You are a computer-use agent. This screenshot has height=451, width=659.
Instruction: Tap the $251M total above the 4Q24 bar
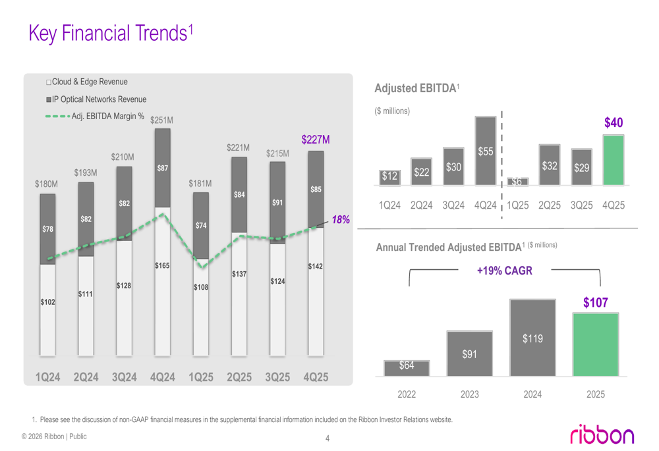161,120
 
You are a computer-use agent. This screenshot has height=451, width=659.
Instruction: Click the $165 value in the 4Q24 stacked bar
162,265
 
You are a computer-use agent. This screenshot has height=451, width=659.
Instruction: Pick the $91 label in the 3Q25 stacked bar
277,202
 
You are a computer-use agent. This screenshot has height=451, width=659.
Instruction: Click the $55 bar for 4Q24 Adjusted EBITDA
485,151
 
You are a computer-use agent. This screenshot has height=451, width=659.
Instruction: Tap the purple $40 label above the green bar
614,123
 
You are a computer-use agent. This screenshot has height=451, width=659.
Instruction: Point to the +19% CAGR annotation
504,271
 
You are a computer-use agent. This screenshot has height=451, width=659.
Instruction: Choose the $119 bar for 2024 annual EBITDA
532,338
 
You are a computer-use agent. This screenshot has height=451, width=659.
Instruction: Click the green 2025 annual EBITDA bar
595,344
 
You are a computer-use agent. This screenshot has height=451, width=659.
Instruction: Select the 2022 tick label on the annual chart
407,394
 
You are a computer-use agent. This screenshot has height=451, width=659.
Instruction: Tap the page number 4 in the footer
328,439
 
